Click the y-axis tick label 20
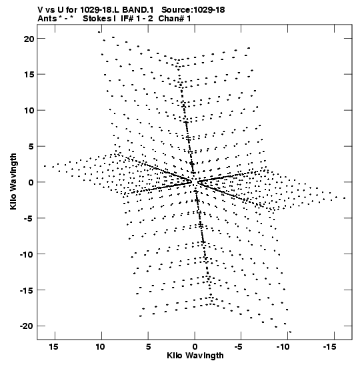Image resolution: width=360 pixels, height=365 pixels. (29, 39)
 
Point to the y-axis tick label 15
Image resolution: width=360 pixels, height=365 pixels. (29, 75)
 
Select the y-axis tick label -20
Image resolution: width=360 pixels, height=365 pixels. (27, 326)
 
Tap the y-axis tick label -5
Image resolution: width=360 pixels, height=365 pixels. (29, 218)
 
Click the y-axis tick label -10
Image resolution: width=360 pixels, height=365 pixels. (27, 254)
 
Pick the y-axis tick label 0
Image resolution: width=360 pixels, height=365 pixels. (31, 183)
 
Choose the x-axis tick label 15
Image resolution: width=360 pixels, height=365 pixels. (53, 347)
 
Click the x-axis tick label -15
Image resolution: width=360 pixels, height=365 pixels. (330, 347)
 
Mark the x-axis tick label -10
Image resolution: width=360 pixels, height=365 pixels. (283, 347)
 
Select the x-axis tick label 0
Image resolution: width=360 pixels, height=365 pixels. (195, 347)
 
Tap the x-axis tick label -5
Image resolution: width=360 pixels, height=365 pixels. (239, 347)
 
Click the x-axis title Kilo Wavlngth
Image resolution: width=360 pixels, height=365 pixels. (195, 356)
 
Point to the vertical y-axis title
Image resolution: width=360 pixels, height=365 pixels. (13, 181)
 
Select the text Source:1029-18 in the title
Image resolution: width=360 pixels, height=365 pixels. (193, 10)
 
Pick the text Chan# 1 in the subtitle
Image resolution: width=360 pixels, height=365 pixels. (175, 19)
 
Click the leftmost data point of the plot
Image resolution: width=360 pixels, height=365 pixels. (45, 166)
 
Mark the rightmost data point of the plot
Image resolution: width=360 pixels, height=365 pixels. (345, 198)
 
